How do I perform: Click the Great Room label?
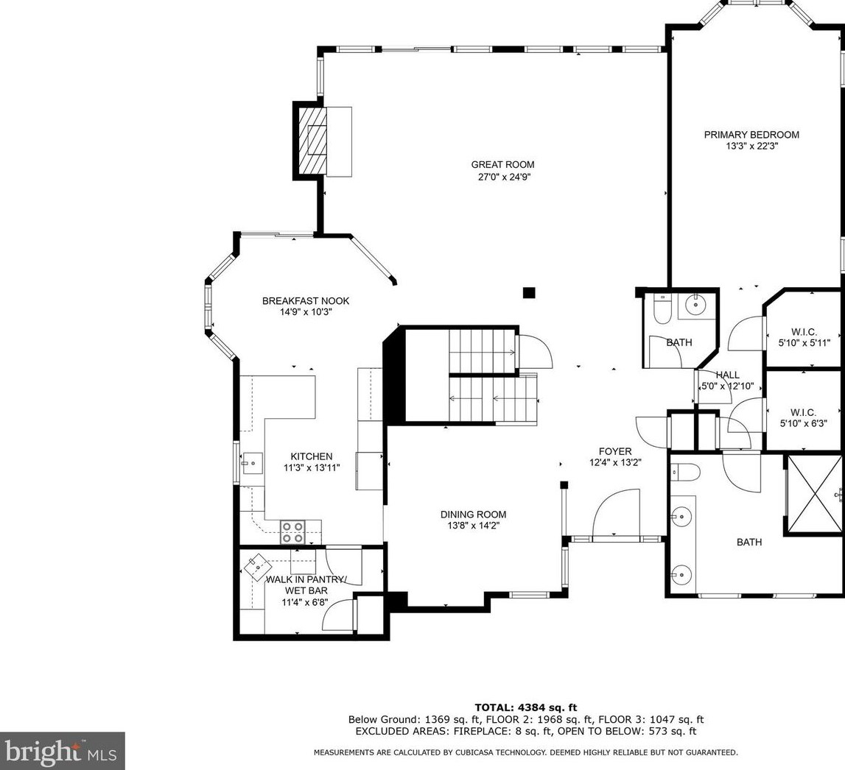tap(502, 165)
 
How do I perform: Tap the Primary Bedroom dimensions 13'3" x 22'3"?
tap(751, 146)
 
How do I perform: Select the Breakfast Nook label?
tap(306, 301)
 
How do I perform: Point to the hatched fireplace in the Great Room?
tap(313, 140)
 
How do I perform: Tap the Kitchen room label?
tap(312, 456)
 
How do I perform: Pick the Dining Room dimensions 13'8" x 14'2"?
tap(473, 526)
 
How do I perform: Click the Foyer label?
tap(615, 452)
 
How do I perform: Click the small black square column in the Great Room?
tap(529, 292)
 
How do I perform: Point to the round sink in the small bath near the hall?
tap(696, 305)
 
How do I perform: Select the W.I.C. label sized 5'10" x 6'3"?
tap(804, 418)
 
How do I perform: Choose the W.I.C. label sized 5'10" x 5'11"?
tap(804, 337)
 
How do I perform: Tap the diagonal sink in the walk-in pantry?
tap(257, 566)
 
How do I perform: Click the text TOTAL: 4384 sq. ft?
tap(525, 707)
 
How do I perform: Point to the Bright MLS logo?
tap(63, 751)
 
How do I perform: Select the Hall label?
tap(728, 375)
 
